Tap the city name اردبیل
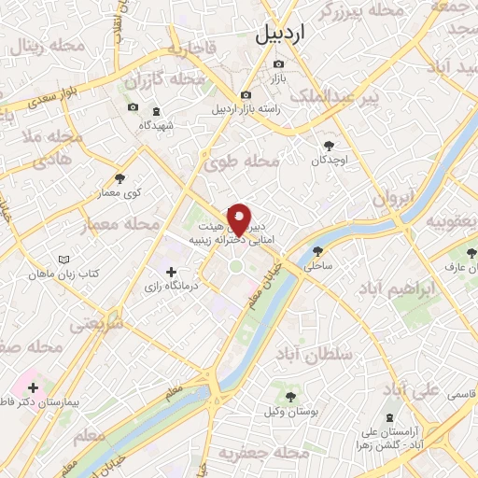point(279,35)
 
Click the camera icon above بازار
point(277,64)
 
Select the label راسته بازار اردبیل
point(246,109)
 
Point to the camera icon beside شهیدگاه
point(132,109)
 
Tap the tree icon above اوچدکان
point(329,145)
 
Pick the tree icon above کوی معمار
point(119,178)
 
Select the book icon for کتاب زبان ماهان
point(63,259)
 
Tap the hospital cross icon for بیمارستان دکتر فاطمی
point(34,387)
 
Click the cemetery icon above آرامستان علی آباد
point(389,415)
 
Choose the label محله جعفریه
point(262,452)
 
